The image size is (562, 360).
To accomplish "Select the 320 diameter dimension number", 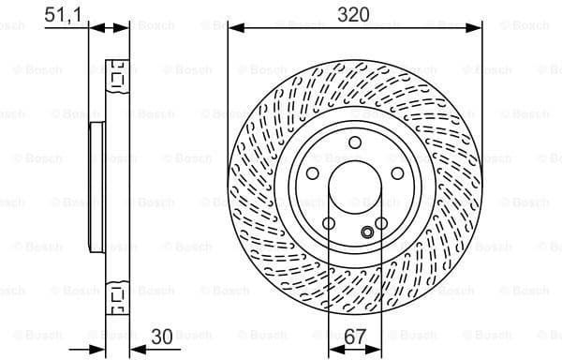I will click(x=354, y=13).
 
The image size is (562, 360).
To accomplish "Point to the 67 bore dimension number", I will click(x=354, y=335).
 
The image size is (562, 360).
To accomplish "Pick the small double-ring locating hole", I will click(x=367, y=232).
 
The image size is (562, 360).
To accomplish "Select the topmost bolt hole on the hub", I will click(x=354, y=142).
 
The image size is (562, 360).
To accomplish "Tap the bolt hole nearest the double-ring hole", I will click(x=381, y=222).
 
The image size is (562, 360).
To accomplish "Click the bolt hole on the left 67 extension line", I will click(x=329, y=222).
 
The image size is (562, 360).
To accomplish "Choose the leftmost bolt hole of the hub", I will click(x=312, y=172).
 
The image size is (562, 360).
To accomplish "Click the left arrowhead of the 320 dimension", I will click(x=232, y=28).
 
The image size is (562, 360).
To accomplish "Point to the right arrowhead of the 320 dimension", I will click(x=477, y=28).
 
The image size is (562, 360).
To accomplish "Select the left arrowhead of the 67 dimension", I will click(x=333, y=348).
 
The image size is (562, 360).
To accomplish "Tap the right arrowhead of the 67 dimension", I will click(x=377, y=348).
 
